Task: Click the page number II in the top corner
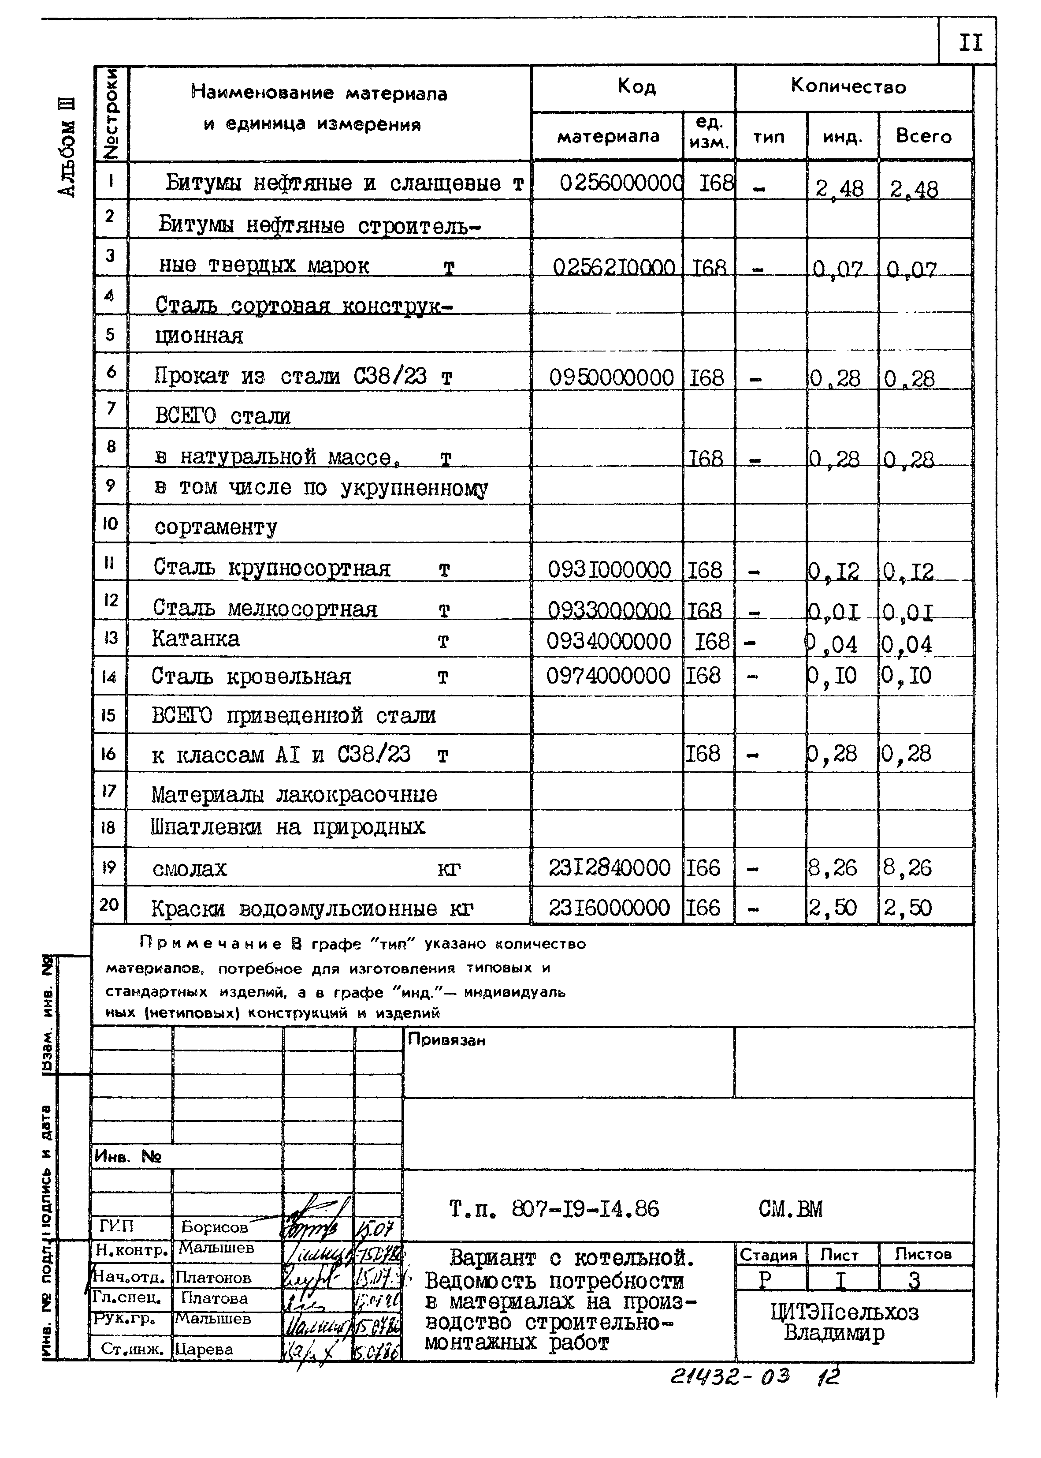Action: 970,43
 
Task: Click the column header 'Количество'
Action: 848,86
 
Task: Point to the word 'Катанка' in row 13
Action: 196,639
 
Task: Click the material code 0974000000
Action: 608,676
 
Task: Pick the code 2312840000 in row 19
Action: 609,868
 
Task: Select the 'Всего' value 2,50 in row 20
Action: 907,908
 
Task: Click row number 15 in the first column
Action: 109,714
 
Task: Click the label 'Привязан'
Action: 447,1040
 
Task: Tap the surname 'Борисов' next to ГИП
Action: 214,1226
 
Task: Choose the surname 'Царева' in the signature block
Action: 204,1349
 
